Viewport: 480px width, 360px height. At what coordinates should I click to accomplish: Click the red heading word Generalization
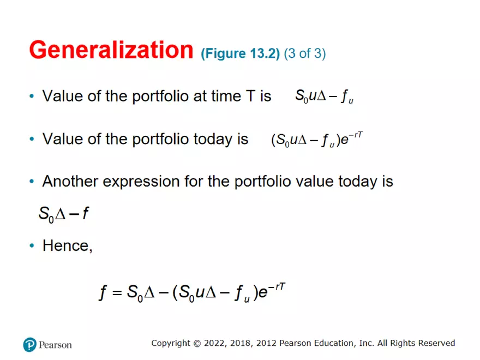(111, 50)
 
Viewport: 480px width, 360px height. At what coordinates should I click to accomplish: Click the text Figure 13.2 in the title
(240, 53)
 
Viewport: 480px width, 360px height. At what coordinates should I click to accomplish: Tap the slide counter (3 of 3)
(304, 53)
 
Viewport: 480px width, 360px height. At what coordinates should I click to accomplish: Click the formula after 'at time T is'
(325, 97)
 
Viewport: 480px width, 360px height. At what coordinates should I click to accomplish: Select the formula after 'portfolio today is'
(316, 140)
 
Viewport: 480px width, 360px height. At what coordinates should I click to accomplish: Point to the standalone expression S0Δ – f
(63, 213)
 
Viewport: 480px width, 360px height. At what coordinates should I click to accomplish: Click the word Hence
(66, 245)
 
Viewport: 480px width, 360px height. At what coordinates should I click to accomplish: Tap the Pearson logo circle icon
(29, 344)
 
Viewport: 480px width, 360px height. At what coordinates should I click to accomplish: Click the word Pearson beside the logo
(55, 345)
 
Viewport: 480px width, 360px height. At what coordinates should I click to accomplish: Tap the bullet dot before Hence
(31, 246)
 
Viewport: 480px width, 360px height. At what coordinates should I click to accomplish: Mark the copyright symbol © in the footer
(196, 343)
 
